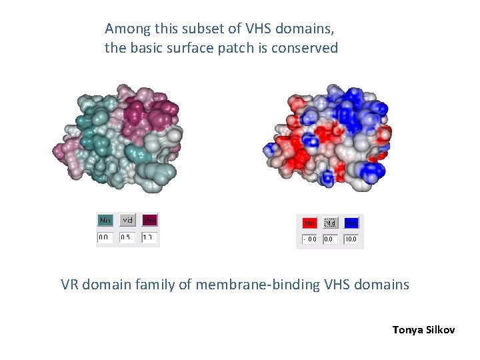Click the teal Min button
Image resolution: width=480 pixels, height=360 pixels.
pyautogui.click(x=105, y=220)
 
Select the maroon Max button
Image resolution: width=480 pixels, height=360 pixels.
pyautogui.click(x=149, y=220)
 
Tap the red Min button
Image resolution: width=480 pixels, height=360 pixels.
pyautogui.click(x=309, y=223)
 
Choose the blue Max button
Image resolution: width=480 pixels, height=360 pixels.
pyautogui.click(x=351, y=223)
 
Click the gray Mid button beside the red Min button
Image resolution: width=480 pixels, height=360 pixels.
pyautogui.click(x=331, y=223)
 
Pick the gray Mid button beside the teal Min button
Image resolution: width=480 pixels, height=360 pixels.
pyautogui.click(x=127, y=220)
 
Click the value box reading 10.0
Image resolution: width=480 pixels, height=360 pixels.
pyautogui.click(x=351, y=239)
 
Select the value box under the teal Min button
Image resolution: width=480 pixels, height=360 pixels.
pyautogui.click(x=105, y=237)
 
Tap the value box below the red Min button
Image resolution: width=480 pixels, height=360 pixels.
pyautogui.click(x=309, y=239)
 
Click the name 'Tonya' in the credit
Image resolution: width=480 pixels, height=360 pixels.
pyautogui.click(x=408, y=329)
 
